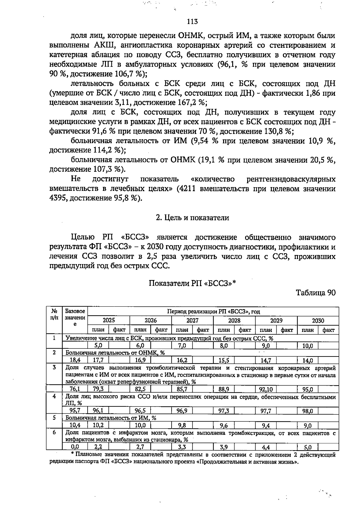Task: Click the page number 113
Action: click(192, 22)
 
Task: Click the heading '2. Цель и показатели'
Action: click(192, 218)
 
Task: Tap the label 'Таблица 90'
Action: click(316, 293)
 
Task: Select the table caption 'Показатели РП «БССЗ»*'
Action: click(192, 283)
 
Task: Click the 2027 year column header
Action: click(192, 321)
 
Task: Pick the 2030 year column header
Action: click(318, 321)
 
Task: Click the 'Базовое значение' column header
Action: click(75, 318)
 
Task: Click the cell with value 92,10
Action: click(266, 390)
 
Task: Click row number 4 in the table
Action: click(54, 396)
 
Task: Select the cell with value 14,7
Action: click(266, 360)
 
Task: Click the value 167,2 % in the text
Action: click(190, 103)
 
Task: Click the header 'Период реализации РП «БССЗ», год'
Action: click(213, 312)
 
